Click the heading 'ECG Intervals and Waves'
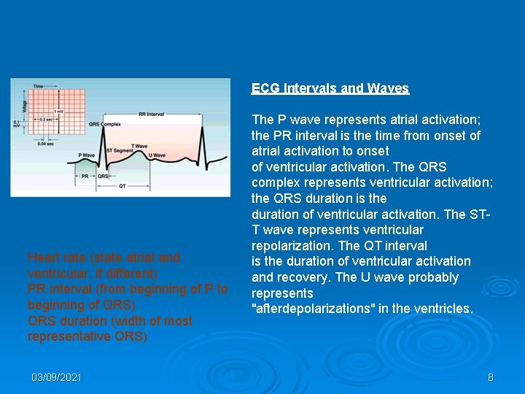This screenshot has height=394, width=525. [x=330, y=88]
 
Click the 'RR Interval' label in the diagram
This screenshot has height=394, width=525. [x=151, y=115]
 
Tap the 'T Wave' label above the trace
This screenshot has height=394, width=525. [x=139, y=146]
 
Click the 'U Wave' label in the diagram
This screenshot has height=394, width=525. [x=157, y=155]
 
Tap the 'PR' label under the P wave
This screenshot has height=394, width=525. [x=85, y=176]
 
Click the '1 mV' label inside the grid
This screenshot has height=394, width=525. [x=58, y=111]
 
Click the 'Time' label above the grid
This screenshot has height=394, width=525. [x=38, y=86]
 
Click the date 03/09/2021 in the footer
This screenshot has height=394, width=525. [x=56, y=377]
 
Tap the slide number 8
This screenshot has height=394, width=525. [x=490, y=377]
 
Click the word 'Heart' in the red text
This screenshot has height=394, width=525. [x=43, y=258]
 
